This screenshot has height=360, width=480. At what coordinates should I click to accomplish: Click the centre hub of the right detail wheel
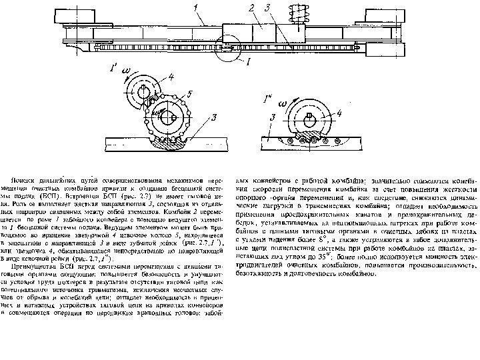[x=313, y=119]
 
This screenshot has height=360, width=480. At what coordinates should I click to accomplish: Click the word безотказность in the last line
[x=267, y=271]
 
